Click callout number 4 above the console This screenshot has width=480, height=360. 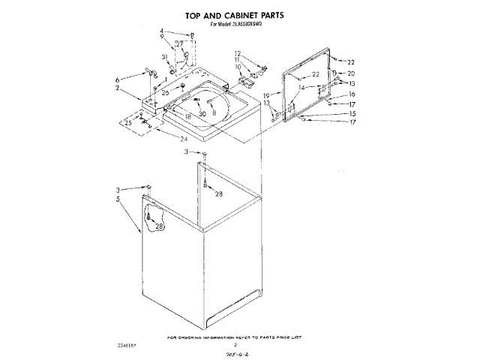click(x=161, y=31)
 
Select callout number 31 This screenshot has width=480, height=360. click(x=164, y=58)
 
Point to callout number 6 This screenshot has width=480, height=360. click(x=118, y=79)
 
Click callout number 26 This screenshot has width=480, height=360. click(x=166, y=92)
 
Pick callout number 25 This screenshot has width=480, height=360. click(x=128, y=123)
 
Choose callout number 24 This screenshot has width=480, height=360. click(x=184, y=139)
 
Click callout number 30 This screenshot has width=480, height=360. click(x=202, y=113)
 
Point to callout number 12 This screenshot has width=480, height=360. click(x=237, y=52)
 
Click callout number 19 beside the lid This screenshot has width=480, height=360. click(x=266, y=95)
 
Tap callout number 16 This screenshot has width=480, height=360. click(x=351, y=94)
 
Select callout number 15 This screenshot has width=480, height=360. click(x=351, y=113)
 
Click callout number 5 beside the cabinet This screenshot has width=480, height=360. click(x=118, y=199)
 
